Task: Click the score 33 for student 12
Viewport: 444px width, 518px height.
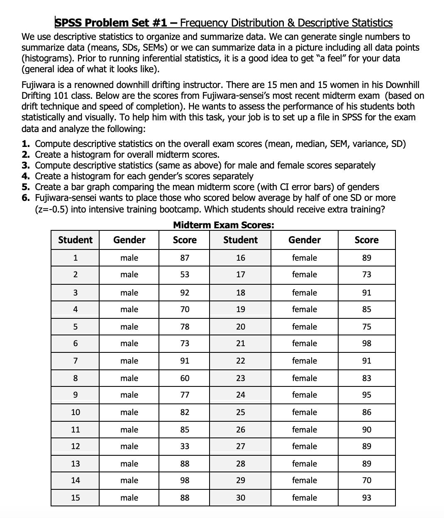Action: tap(185, 446)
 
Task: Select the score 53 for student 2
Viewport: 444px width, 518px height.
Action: tap(185, 274)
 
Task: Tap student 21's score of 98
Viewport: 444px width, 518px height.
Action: tap(366, 343)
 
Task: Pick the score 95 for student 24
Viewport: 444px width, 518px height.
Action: tap(366, 395)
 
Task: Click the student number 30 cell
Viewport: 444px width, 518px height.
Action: tap(240, 498)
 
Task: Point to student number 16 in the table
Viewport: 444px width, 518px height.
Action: tap(240, 258)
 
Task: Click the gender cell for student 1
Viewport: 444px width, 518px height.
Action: tap(129, 258)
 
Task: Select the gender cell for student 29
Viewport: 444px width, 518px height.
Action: tap(304, 480)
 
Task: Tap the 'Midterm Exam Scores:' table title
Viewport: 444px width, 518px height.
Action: tap(223, 225)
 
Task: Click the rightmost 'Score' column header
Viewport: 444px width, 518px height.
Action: tap(366, 240)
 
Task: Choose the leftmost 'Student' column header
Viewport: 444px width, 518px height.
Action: tap(75, 240)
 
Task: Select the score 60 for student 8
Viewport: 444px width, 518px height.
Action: tap(185, 378)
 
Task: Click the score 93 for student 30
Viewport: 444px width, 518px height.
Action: tap(366, 498)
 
